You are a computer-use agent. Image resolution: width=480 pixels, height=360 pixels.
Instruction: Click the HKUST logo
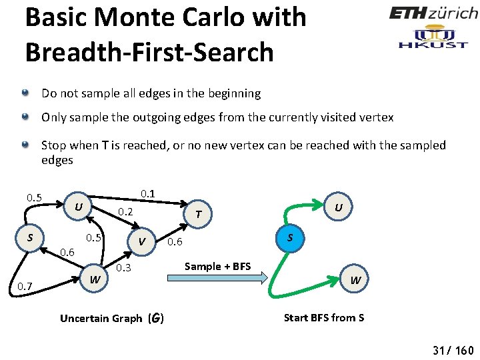click(433, 37)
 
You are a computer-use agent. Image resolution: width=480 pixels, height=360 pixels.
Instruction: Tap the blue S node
click(289, 238)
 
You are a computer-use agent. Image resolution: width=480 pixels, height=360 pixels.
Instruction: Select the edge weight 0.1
click(148, 194)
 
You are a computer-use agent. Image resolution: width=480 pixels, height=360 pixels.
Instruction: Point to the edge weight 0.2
click(126, 212)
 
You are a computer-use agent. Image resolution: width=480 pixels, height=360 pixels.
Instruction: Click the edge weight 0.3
click(124, 268)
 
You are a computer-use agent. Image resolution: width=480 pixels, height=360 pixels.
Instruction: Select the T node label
click(199, 213)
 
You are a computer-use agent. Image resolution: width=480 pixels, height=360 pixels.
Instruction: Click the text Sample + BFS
click(218, 266)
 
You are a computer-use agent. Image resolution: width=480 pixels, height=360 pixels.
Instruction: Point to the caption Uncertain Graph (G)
click(111, 318)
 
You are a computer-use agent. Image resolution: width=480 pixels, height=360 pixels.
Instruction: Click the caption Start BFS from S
click(324, 317)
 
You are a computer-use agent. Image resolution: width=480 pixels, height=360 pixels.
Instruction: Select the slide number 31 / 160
click(453, 351)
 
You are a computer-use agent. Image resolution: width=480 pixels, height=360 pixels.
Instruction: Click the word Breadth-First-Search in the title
click(149, 52)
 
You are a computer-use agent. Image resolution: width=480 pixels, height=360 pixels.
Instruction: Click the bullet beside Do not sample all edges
click(25, 93)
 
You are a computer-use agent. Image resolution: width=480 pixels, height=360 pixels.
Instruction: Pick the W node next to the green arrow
click(355, 281)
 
